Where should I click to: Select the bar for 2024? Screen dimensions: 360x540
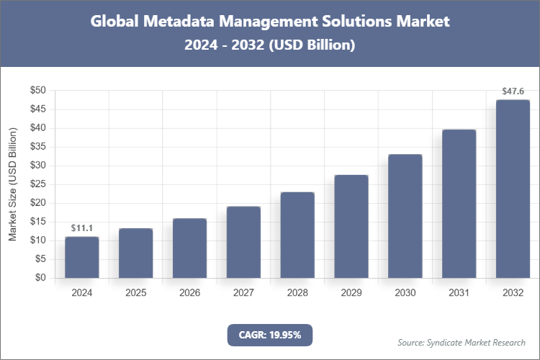point(81,257)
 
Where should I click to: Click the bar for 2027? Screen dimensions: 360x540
point(243,242)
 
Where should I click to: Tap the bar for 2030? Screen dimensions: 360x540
point(405,216)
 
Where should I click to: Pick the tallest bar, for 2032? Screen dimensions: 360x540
point(513,189)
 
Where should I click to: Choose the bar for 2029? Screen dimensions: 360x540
point(351,226)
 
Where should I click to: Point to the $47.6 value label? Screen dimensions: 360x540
point(513,91)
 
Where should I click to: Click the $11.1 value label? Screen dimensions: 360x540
point(81,228)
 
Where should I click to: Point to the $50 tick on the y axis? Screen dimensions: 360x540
point(37,91)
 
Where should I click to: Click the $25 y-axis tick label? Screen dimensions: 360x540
point(37,184)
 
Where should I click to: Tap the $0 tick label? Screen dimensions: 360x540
point(40,278)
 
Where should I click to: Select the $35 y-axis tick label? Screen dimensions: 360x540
point(37,147)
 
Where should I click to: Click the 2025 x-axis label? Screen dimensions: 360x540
point(135,293)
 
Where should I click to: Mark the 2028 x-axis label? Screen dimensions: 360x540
point(297,293)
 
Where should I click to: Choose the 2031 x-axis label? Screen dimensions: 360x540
point(459,293)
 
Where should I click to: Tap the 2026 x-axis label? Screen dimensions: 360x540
point(189,293)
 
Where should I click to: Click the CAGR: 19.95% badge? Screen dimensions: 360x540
point(270,334)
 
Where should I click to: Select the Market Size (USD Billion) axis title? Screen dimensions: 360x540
point(12,184)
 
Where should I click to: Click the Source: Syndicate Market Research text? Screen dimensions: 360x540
point(461,342)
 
